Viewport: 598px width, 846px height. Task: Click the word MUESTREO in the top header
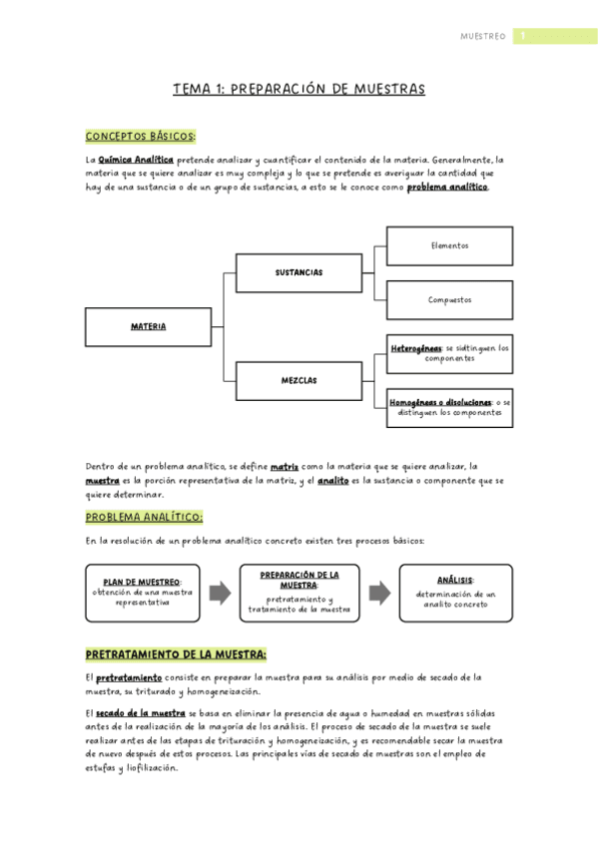pyautogui.click(x=483, y=36)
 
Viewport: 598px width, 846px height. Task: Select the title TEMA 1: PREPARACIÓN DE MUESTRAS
pyautogui.click(x=299, y=90)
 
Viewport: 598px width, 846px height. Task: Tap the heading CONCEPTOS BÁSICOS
pyautogui.click(x=141, y=136)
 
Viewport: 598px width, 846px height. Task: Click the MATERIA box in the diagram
pyautogui.click(x=149, y=326)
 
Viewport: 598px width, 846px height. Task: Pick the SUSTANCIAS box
pyautogui.click(x=299, y=272)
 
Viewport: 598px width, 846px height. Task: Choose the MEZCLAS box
pyautogui.click(x=299, y=380)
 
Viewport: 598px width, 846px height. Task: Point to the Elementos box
pyautogui.click(x=449, y=245)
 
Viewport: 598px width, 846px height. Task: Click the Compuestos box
pyautogui.click(x=449, y=299)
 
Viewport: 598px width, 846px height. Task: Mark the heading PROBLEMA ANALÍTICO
pyautogui.click(x=145, y=517)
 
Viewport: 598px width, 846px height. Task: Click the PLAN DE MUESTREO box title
pyautogui.click(x=142, y=582)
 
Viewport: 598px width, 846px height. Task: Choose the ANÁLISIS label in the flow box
pyautogui.click(x=455, y=580)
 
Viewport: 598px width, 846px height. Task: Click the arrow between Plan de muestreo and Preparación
pyautogui.click(x=220, y=593)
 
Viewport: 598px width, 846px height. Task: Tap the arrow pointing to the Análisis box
pyautogui.click(x=379, y=593)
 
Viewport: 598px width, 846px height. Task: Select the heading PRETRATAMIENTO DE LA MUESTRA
pyautogui.click(x=176, y=654)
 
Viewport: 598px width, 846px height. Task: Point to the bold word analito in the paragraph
pyautogui.click(x=332, y=481)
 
